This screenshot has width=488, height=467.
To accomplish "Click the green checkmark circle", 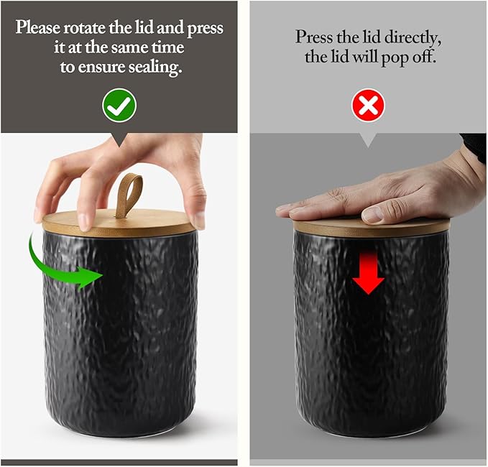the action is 119,106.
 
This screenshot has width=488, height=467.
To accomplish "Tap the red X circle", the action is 368,106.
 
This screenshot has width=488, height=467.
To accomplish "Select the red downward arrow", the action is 368,272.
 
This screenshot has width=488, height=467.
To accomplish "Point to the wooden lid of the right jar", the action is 372,227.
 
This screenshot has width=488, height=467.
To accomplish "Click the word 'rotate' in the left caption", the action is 84,28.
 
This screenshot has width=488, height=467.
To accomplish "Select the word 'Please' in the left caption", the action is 38,28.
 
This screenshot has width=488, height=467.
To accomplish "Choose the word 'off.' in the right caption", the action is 423,57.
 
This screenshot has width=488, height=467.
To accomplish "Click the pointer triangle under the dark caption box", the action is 119,140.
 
